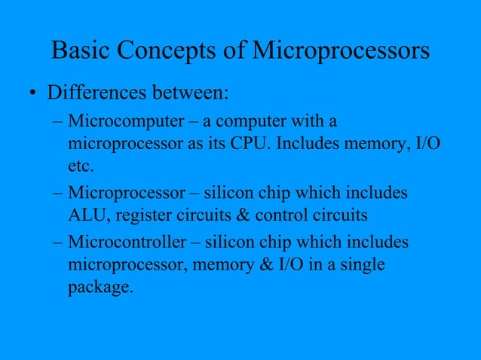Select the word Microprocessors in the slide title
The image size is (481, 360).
[x=340, y=50]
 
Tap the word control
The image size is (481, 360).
[x=285, y=215]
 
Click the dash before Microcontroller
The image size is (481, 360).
[x=58, y=243]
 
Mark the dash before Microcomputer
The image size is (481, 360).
[x=58, y=121]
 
